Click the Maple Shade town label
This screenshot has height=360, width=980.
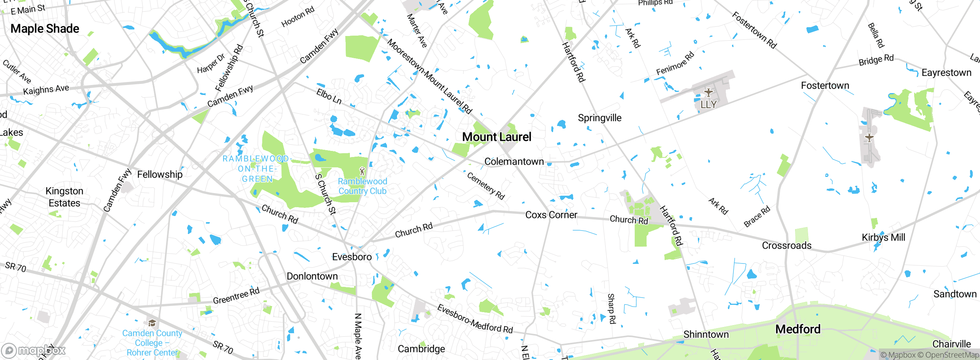pyautogui.click(x=45, y=29)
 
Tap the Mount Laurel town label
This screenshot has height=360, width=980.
pyautogui.click(x=497, y=137)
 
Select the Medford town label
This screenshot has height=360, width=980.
pyautogui.click(x=798, y=329)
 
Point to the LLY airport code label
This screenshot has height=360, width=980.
pyautogui.click(x=708, y=104)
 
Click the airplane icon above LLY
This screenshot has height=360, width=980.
pyautogui.click(x=709, y=92)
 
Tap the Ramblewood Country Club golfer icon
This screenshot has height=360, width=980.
pyautogui.click(x=362, y=171)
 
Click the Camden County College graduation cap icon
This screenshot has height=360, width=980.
pyautogui.click(x=152, y=323)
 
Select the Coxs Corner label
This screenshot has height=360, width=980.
pyautogui.click(x=551, y=215)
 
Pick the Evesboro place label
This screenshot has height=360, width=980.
pyautogui.click(x=352, y=257)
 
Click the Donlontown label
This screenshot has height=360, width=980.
pyautogui.click(x=312, y=276)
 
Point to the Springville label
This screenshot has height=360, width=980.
pyautogui.click(x=599, y=118)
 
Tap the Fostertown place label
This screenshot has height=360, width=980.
pyautogui.click(x=825, y=85)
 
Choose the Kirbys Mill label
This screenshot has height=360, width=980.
pyautogui.click(x=883, y=237)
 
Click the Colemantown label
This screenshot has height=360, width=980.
pyautogui.click(x=514, y=162)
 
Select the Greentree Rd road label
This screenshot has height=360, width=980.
pyautogui.click(x=236, y=296)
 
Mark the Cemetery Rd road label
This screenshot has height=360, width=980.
pyautogui.click(x=486, y=186)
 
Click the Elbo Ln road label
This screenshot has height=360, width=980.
pyautogui.click(x=329, y=96)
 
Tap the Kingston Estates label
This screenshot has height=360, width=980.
pyautogui.click(x=64, y=197)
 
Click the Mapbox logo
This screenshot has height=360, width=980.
pyautogui.click(x=33, y=350)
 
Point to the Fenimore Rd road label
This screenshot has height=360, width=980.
pyautogui.click(x=675, y=64)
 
